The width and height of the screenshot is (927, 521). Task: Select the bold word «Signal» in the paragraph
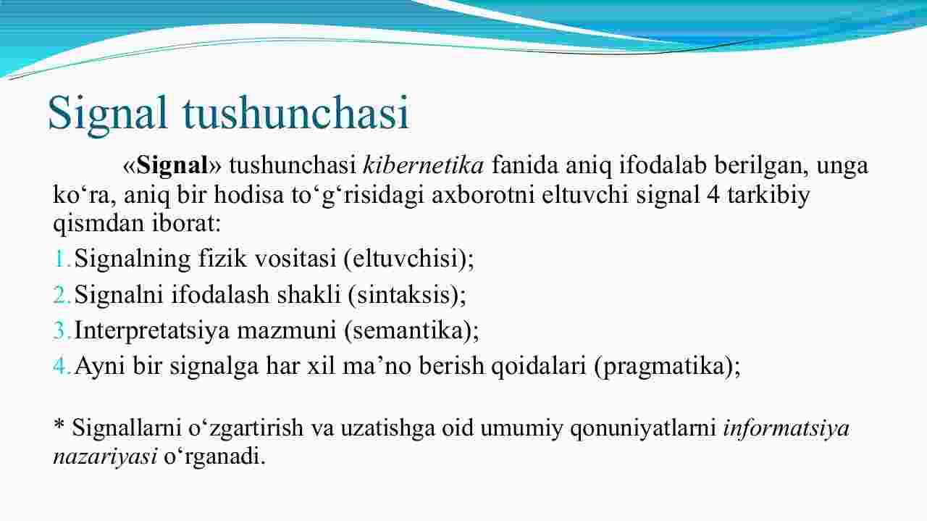[x=172, y=165]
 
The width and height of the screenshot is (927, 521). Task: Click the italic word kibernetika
[x=424, y=164]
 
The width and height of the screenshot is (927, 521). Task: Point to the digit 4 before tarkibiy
[x=713, y=195]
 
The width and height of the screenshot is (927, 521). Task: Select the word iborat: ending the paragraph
[x=187, y=223]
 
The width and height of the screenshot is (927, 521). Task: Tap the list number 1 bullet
[x=62, y=259]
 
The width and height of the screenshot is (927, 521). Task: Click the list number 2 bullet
[x=62, y=295]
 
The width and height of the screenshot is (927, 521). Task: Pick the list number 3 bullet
[x=62, y=330]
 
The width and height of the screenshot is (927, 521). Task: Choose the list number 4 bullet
[x=62, y=366]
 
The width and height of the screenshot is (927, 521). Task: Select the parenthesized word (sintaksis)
[x=404, y=295]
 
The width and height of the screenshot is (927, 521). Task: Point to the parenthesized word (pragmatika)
[x=664, y=367]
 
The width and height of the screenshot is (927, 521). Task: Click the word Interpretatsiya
[x=152, y=330]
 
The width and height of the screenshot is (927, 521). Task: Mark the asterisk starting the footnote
[x=59, y=424]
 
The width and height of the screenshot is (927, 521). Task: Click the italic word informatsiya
[x=787, y=428]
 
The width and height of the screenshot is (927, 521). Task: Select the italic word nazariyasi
[x=105, y=457]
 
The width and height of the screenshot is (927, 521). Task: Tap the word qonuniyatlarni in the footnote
[x=643, y=428]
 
